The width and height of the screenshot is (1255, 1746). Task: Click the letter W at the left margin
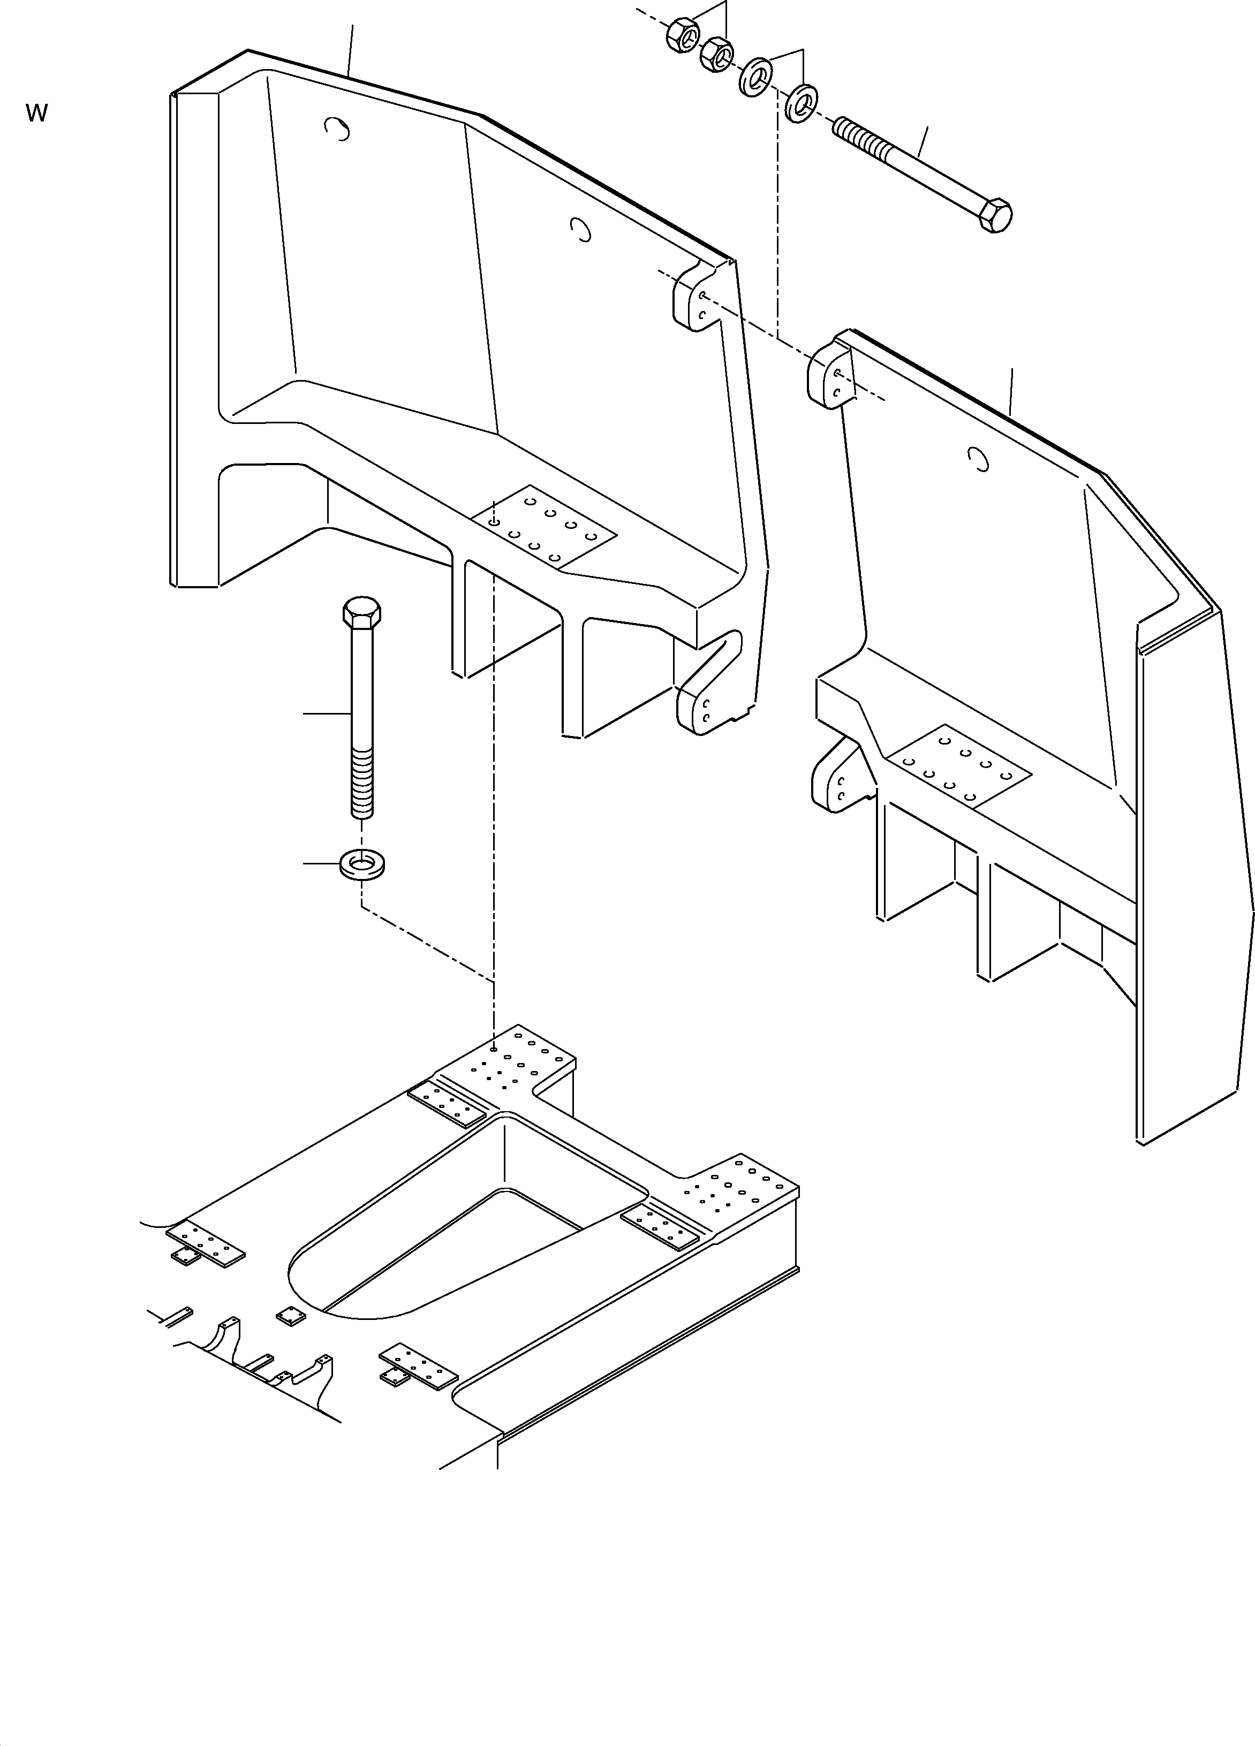tap(36, 113)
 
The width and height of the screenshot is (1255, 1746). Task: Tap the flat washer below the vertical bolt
tap(362, 864)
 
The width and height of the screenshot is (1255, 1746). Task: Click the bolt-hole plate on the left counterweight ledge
tap(554, 529)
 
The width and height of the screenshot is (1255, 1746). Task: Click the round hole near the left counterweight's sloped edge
tap(581, 229)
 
